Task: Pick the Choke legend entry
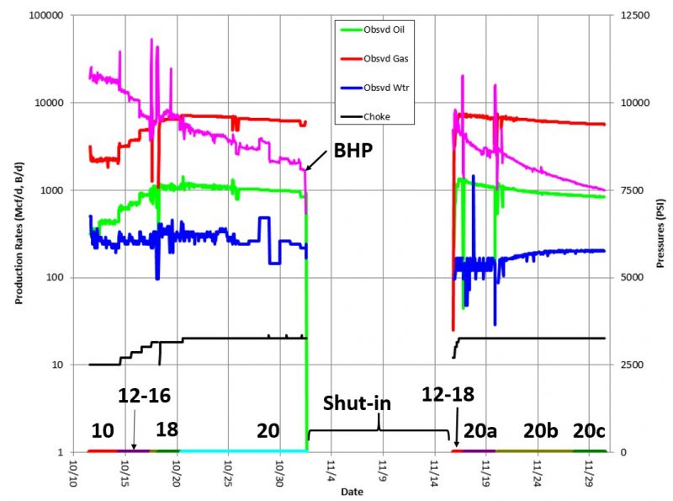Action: [x=381, y=116]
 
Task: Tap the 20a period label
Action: [x=480, y=431]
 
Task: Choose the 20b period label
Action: [x=541, y=431]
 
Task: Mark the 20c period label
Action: [x=589, y=431]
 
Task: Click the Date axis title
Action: [x=341, y=491]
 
